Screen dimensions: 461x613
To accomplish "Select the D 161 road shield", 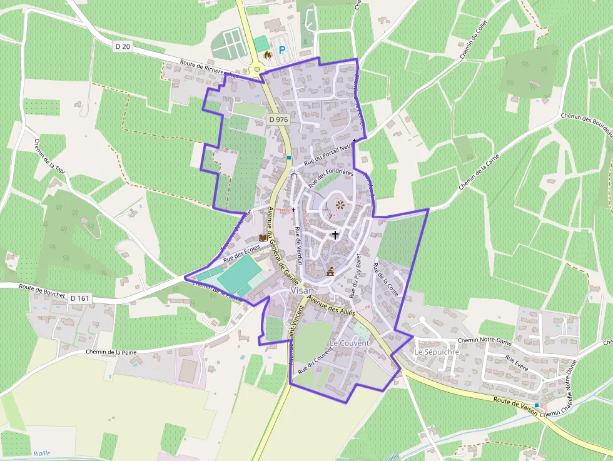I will pos(80,298).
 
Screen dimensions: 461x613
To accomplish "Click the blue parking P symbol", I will pos(282,50).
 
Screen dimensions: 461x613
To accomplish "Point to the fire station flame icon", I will pos(268,55).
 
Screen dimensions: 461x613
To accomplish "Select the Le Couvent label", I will pos(349,343).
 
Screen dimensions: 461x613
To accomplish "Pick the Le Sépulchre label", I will pos(437,352).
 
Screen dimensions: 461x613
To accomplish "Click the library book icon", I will pos(263,238).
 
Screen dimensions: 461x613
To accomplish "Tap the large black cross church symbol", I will pos(335,235).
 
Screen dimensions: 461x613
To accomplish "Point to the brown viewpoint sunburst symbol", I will pos(340,204).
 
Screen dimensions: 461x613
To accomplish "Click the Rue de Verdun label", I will pos(299,246).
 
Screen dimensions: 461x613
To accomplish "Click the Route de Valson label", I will pos(515,403).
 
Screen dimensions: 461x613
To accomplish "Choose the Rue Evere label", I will pos(517,364).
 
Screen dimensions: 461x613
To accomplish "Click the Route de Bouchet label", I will pos(42,288).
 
